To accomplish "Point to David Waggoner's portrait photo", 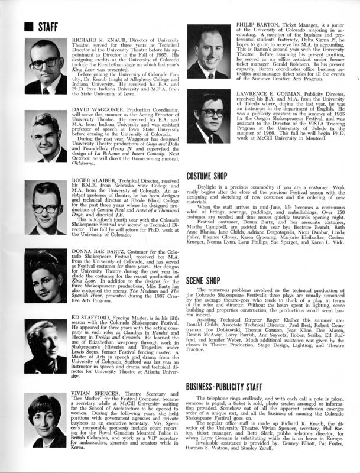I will point(46,137).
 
